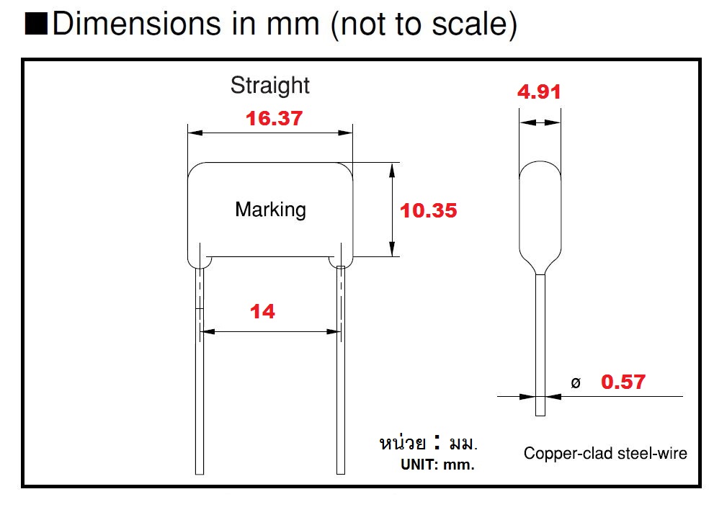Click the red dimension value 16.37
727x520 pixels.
[x=274, y=119]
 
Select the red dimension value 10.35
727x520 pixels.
[x=429, y=211]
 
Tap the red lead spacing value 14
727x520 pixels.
[x=262, y=312]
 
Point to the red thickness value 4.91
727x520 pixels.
[x=539, y=92]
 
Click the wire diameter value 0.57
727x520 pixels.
[x=623, y=382]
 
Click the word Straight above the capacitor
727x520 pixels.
[x=269, y=86]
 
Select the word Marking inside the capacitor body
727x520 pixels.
[x=270, y=210]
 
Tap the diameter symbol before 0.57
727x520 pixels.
[x=575, y=383]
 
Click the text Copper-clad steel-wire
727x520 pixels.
[x=605, y=453]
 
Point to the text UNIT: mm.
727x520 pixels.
[x=437, y=465]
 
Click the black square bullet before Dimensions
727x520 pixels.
[x=35, y=24]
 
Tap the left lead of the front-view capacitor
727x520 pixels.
[x=200, y=375]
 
